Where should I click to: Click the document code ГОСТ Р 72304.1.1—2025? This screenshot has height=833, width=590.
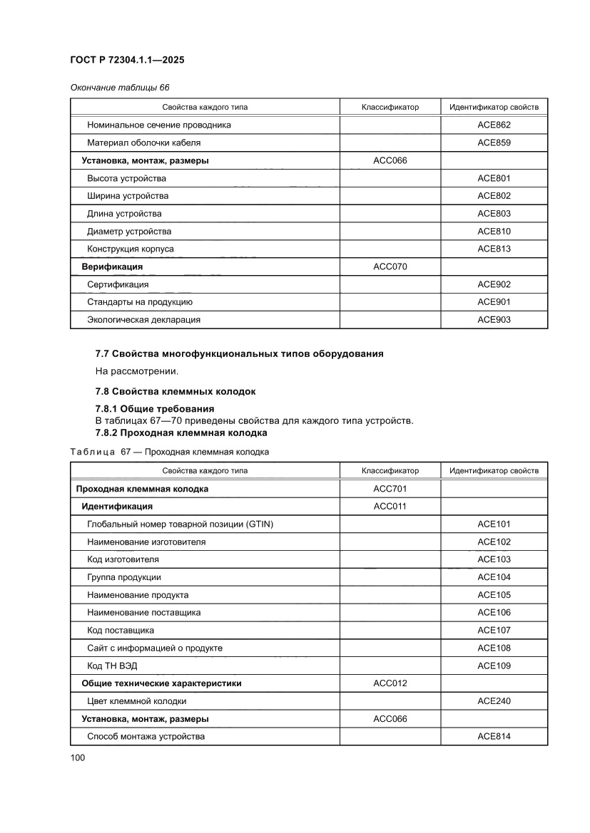[x=127, y=61]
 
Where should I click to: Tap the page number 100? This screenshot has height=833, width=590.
[x=78, y=757]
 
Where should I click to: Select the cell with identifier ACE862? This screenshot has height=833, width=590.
[x=494, y=125]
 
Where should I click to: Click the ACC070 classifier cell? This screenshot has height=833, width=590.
[x=390, y=267]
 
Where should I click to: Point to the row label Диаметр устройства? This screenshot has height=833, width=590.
[x=129, y=231]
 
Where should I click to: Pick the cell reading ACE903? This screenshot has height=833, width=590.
[x=494, y=320]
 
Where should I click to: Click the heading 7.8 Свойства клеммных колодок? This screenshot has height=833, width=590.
[x=175, y=391]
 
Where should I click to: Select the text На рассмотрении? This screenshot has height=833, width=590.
[x=126, y=371]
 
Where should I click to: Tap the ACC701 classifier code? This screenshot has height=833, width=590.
[x=390, y=489]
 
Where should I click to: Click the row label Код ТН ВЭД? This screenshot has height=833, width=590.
[x=112, y=666]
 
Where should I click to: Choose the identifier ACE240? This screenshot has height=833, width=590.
[x=494, y=701]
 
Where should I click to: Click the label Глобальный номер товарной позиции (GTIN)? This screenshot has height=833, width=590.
[x=180, y=524]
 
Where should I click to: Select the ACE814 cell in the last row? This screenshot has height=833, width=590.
[x=494, y=736]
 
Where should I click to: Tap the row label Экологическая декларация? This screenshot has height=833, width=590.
[x=143, y=320]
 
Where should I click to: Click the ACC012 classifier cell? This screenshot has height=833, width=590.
[x=390, y=683]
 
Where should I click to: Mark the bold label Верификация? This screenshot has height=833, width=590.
[x=112, y=267]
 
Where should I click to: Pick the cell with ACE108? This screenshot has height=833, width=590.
[x=494, y=648]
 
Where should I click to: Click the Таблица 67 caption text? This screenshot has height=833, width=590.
[x=169, y=452]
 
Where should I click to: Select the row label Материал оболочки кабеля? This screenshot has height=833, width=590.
[x=138, y=143]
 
